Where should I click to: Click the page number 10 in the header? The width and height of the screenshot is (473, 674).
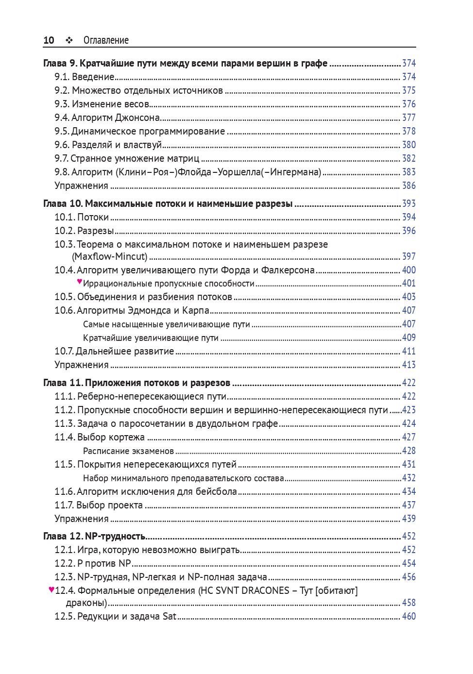pyautogui.click(x=49, y=40)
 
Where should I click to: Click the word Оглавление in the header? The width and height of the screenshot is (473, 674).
pyautogui.click(x=106, y=40)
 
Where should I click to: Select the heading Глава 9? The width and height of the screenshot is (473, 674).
pyautogui.click(x=185, y=63)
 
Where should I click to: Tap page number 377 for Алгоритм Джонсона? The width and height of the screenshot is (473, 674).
pyautogui.click(x=409, y=118)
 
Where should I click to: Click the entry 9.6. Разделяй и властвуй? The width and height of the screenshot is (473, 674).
pyautogui.click(x=108, y=145)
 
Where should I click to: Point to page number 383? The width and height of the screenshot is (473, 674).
pyautogui.click(x=409, y=172)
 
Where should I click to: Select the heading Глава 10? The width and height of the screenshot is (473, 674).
pyautogui.click(x=168, y=203)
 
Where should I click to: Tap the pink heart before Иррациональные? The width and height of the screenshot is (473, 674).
pyautogui.click(x=80, y=282)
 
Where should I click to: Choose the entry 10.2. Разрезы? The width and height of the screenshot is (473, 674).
pyautogui.click(x=84, y=231)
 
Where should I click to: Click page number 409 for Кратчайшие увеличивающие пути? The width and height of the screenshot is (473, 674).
pyautogui.click(x=409, y=337)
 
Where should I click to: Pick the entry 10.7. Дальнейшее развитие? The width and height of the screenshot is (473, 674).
pyautogui.click(x=114, y=351)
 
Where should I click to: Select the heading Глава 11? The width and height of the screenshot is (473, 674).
pyautogui.click(x=136, y=383)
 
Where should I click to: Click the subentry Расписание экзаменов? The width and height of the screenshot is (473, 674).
pyautogui.click(x=128, y=451)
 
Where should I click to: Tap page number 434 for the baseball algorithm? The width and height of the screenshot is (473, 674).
pyautogui.click(x=409, y=491)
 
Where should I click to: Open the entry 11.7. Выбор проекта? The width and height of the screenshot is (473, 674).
pyautogui.click(x=99, y=505)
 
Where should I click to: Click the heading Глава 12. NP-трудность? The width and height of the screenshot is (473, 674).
pyautogui.click(x=94, y=536)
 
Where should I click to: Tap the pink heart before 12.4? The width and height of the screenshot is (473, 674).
pyautogui.click(x=51, y=590)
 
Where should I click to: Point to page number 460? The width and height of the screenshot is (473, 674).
pyautogui.click(x=409, y=616)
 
